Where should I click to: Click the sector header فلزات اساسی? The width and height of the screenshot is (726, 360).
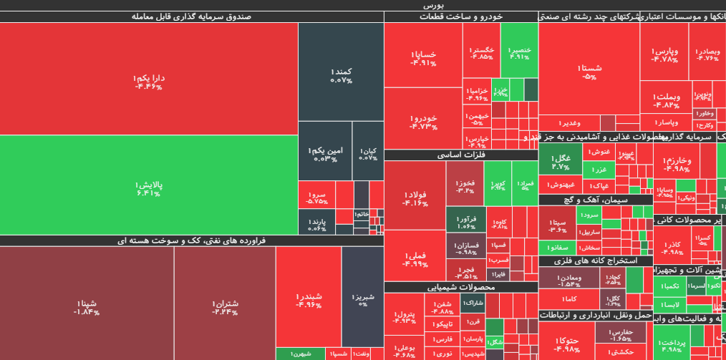[461, 155]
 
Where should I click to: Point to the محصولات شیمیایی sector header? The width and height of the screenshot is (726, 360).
[461, 287]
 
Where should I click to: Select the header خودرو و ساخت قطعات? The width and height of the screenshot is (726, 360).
[461, 16]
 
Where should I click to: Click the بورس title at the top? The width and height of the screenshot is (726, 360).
[363, 5]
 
